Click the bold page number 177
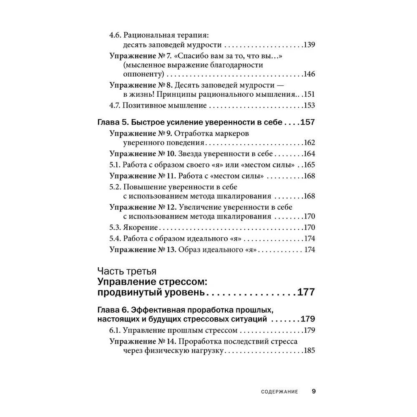point(305,291)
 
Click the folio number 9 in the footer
point(314,392)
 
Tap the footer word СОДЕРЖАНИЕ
point(279,392)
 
